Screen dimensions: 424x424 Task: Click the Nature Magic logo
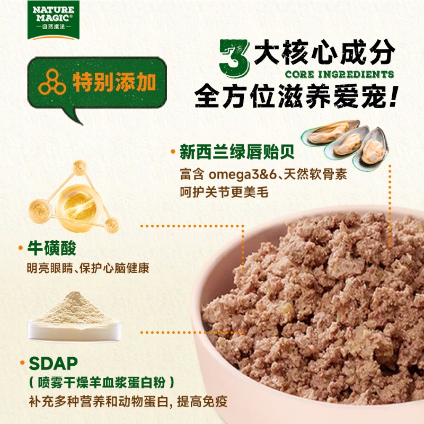click(x=54, y=20)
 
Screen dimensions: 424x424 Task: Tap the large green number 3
click(x=234, y=58)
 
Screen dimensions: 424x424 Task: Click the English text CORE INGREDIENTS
click(x=339, y=74)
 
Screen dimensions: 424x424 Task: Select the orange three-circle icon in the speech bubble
click(x=52, y=82)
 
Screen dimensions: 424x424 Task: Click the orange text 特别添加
click(x=114, y=82)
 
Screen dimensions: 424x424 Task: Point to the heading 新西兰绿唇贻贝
click(x=237, y=152)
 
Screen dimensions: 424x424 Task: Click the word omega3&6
click(x=243, y=175)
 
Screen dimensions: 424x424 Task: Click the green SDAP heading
click(x=54, y=363)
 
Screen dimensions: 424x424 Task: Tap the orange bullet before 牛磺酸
click(x=21, y=248)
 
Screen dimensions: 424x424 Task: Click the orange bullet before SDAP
click(x=22, y=363)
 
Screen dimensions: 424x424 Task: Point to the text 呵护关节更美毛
click(x=224, y=192)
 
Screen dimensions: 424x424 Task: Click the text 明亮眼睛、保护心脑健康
click(x=88, y=268)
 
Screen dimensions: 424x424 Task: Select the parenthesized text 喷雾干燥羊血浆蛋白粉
click(x=101, y=383)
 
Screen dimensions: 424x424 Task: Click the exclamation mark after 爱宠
click(x=392, y=96)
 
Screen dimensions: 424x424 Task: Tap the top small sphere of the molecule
click(x=80, y=167)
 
